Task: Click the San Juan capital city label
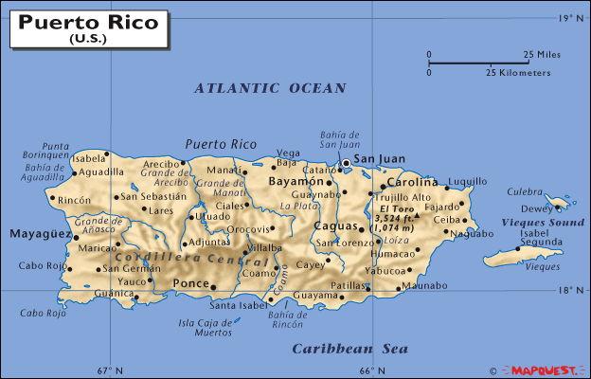380,159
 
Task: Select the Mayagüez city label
41,233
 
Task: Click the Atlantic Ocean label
270,88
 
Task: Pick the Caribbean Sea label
350,349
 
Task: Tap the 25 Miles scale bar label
542,55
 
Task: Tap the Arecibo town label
161,164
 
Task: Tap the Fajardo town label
440,206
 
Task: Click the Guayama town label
316,296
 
